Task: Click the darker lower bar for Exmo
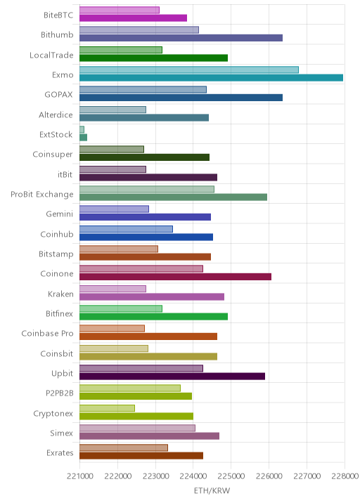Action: point(212,78)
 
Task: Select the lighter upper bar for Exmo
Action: point(189,70)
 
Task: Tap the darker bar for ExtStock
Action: point(83,137)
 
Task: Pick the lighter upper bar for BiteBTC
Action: point(120,10)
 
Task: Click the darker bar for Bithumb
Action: point(181,38)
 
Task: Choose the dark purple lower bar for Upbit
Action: point(172,377)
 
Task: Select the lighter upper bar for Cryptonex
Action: point(108,408)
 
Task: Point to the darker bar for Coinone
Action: point(175,277)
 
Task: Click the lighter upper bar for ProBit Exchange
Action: point(147,189)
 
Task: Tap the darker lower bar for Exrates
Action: point(141,455)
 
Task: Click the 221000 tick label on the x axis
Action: point(80,476)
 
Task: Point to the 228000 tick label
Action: point(345,476)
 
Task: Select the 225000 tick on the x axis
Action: point(231,476)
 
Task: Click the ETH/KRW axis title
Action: point(212,490)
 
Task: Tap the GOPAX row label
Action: point(59,95)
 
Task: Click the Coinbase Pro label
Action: point(48,334)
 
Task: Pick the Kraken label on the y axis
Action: point(60,294)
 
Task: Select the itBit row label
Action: point(65,174)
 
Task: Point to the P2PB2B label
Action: point(60,393)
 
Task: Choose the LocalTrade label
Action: point(51,55)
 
